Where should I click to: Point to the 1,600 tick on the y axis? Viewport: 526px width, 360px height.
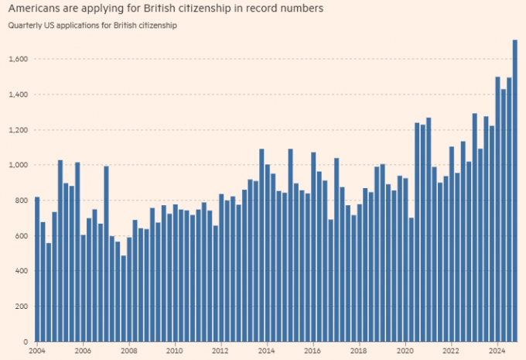click(19, 59)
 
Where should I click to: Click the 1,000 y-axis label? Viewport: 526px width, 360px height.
click(19, 165)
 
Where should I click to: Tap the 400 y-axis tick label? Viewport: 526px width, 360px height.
click(21, 271)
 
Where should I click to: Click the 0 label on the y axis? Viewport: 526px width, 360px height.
click(25, 341)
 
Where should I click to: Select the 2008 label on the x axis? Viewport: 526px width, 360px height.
click(128, 350)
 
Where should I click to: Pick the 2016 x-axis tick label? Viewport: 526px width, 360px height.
click(313, 350)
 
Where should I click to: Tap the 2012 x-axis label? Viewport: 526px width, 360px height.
click(221, 350)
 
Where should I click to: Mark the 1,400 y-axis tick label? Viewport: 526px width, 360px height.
click(19, 94)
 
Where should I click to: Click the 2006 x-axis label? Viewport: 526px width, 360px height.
click(83, 350)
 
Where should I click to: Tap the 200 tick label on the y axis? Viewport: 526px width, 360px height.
click(21, 307)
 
